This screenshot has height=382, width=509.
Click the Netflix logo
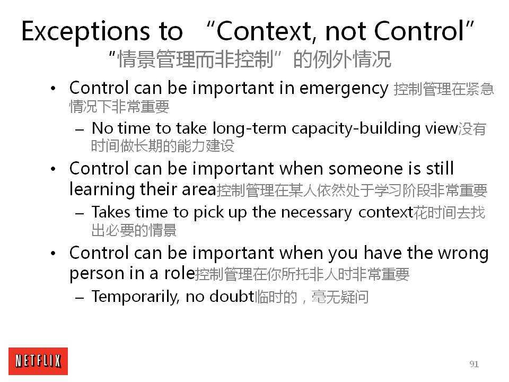tap(38, 361)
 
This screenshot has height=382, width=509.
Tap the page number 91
tap(474, 364)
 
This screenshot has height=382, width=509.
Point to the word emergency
tap(344, 89)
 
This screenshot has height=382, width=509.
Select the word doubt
tap(232, 296)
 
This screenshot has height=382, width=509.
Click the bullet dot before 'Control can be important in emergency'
tap(53, 89)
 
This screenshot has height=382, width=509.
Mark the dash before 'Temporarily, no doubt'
tap(80, 297)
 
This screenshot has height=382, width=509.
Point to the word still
tap(440, 168)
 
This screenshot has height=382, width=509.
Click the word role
tap(179, 274)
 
